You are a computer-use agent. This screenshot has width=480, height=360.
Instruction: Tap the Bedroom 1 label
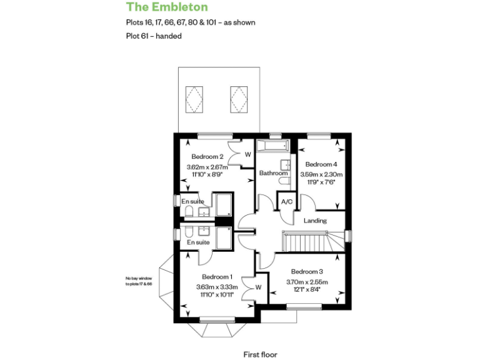point(217,276)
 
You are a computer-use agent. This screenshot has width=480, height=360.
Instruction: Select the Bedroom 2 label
point(207,156)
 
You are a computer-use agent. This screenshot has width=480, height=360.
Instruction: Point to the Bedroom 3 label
point(307,271)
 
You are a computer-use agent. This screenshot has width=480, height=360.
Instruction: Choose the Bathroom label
point(272,173)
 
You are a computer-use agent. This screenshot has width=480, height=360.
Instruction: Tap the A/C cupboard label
point(287,202)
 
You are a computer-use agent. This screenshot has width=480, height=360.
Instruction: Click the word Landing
point(316,221)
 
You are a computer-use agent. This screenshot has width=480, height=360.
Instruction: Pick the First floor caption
point(260,354)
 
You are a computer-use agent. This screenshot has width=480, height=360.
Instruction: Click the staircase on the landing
point(306,241)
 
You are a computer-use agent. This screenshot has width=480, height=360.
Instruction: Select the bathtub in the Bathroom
point(273,147)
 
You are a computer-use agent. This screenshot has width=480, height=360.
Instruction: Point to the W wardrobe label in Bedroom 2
point(247,154)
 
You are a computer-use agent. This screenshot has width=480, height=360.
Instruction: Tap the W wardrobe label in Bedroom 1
point(258,287)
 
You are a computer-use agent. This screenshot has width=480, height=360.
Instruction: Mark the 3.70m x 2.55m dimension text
point(307,282)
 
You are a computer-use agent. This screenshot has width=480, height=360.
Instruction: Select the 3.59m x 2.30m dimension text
point(321,174)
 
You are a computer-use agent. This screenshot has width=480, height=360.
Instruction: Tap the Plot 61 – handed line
point(154,36)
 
